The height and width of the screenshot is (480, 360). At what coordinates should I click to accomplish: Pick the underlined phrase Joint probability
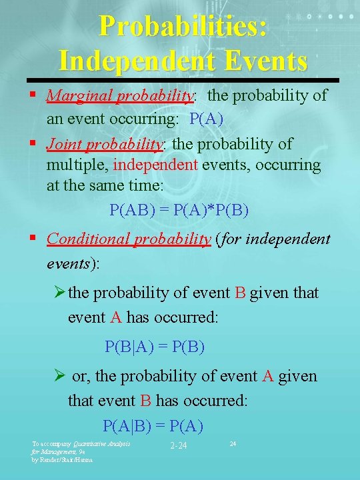coord(105,143)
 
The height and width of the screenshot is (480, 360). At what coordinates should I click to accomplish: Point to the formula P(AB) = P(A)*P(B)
coord(179,211)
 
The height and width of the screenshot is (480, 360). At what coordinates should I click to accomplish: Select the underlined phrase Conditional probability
coord(129,239)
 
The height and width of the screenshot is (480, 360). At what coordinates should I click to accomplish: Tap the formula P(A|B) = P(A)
coord(153,425)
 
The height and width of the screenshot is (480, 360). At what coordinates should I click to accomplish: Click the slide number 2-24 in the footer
coord(178,445)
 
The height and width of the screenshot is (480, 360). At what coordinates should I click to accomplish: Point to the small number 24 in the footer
coord(233,443)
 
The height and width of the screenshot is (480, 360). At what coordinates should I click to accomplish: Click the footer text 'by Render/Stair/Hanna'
coord(63,459)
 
